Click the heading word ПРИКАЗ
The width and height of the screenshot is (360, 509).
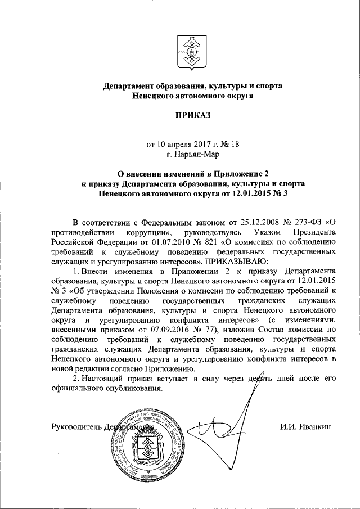coord(191,116)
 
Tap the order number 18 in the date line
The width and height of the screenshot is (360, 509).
coord(235,143)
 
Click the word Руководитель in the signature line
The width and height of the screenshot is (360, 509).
coord(75,425)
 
